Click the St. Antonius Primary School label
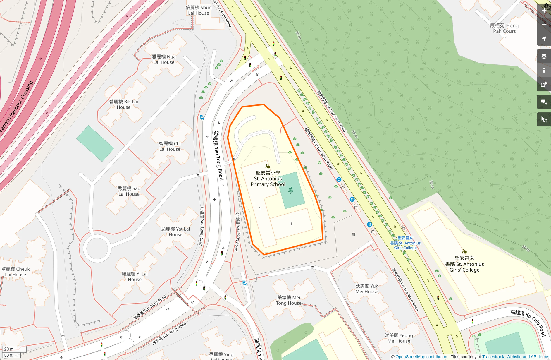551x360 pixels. pyautogui.click(x=268, y=179)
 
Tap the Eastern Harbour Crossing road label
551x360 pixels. pyautogui.click(x=17, y=107)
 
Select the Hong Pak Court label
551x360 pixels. pyautogui.click(x=504, y=28)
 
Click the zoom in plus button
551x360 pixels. pyautogui.click(x=544, y=11)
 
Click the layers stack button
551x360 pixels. pyautogui.click(x=544, y=56)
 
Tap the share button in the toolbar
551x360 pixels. pyautogui.click(x=544, y=84)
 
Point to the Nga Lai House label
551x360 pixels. pyautogui.click(x=164, y=59)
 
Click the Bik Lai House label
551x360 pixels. pyautogui.click(x=123, y=104)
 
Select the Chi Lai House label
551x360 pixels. pyautogui.click(x=170, y=146)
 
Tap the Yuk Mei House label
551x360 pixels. pyautogui.click(x=367, y=289)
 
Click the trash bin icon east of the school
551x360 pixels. pyautogui.click(x=354, y=234)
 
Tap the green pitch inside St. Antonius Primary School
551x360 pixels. pyautogui.click(x=292, y=191)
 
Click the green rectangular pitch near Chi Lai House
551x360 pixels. pyautogui.click(x=95, y=144)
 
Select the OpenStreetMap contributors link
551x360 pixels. pyautogui.click(x=422, y=357)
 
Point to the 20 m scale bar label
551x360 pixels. pyautogui.click(x=9, y=349)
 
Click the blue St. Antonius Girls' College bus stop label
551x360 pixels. pyautogui.click(x=405, y=243)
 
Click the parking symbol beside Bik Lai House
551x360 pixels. pyautogui.click(x=202, y=117)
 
